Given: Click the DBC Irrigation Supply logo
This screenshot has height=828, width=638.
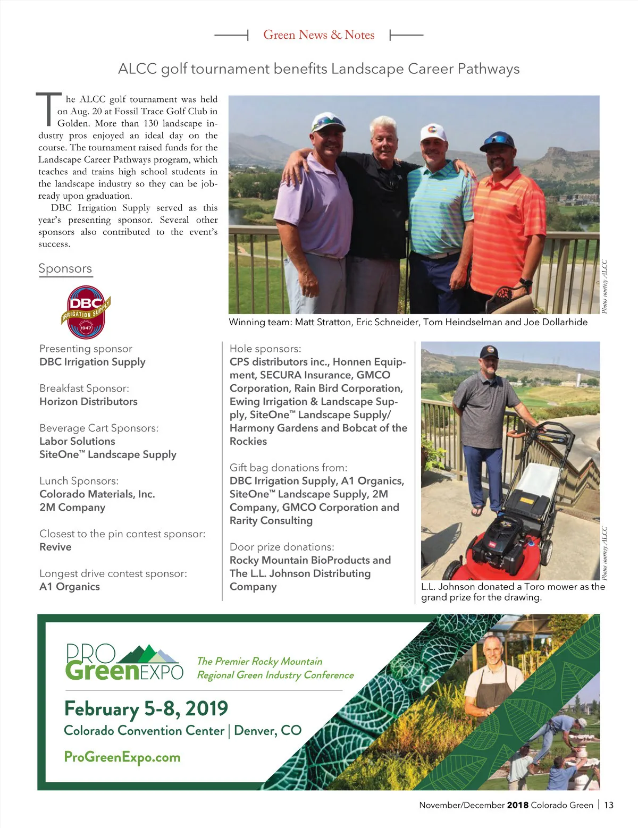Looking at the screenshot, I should pos(86,312).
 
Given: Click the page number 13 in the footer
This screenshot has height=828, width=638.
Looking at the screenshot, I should pos(609,805).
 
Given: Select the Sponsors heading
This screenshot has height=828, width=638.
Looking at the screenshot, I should pos(65,268).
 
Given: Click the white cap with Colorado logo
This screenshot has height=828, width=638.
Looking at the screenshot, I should pos(432,132).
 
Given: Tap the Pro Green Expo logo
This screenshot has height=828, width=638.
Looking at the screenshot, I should pos(124,662).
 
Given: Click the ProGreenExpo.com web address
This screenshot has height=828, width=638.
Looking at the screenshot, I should pos(122,757).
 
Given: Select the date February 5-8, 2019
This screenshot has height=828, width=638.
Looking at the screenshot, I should pos(146,708).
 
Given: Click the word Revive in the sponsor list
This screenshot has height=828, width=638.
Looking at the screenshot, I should pos(55,547).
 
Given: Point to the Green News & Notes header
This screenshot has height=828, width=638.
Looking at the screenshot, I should pos(319,35).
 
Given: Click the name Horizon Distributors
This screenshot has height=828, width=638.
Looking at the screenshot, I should pos(88,401).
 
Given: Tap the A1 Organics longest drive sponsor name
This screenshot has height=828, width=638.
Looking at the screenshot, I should pos(70,587).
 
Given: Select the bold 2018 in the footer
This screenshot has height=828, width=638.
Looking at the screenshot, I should pos(517,805).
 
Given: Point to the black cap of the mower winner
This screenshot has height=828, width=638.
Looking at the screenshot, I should pos(489,352).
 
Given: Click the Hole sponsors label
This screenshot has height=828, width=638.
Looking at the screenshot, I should pos(265,349).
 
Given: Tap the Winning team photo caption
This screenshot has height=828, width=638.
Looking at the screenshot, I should pos(408,322).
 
